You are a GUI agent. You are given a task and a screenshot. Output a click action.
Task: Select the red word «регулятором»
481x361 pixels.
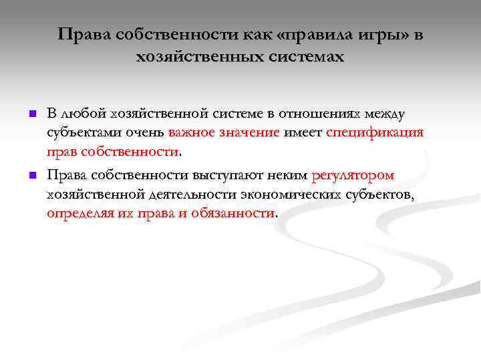pos(353,176)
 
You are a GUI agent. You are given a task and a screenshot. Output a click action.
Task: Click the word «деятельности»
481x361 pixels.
pos(194,195)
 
